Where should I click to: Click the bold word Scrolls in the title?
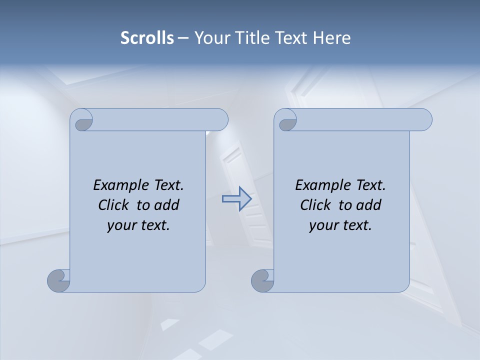(147, 38)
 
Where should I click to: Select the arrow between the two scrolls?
(236, 199)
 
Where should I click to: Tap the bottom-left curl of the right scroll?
(262, 280)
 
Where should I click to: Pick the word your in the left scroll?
(121, 225)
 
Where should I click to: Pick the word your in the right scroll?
(323, 225)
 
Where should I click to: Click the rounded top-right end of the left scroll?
(220, 120)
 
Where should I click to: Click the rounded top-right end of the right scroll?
(424, 120)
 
